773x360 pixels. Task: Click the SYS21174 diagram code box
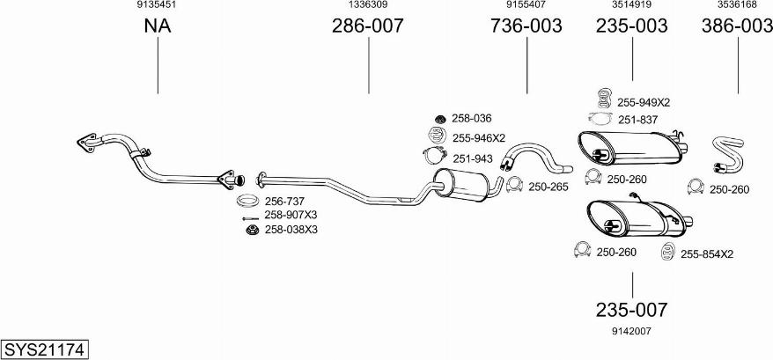45,349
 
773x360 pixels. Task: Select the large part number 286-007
367,26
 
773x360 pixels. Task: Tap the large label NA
158,26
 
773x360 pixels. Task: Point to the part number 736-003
526,26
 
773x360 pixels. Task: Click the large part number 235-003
632,26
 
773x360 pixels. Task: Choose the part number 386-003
738,26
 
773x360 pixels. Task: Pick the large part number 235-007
631,310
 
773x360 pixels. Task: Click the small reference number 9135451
157,4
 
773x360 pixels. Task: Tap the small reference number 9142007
631,332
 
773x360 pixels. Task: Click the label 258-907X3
291,215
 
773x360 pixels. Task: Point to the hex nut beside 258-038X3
253,230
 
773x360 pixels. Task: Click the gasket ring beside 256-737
248,201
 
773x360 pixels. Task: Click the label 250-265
548,187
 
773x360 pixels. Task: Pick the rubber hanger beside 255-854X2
667,251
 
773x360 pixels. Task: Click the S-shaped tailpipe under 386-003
727,155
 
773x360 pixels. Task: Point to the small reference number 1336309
368,4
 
